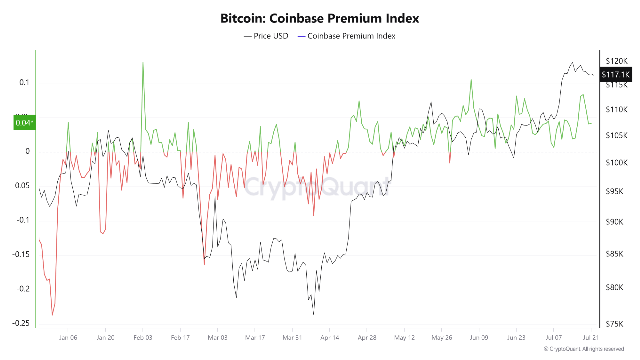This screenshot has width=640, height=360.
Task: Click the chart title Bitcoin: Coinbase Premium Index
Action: click(320, 19)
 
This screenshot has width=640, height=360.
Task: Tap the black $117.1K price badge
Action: click(616, 75)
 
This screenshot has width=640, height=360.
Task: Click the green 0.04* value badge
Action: click(24, 122)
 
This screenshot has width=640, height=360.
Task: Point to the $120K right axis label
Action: click(616, 61)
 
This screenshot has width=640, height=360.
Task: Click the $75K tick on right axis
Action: click(615, 324)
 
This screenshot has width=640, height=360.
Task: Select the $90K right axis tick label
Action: click(615, 222)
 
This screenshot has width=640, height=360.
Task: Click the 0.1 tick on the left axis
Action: click(25, 82)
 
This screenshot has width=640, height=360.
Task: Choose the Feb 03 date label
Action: click(143, 338)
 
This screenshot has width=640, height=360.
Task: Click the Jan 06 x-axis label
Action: click(68, 338)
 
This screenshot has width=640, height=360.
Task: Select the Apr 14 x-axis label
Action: click(330, 338)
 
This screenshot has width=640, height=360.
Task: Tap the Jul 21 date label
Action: click(591, 338)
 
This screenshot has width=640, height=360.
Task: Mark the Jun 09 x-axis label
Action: click(479, 338)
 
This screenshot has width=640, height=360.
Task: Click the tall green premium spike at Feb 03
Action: click(143, 63)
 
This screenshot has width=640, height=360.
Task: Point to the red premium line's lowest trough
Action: click(52, 315)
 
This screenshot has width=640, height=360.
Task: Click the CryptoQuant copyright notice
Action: click(584, 349)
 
